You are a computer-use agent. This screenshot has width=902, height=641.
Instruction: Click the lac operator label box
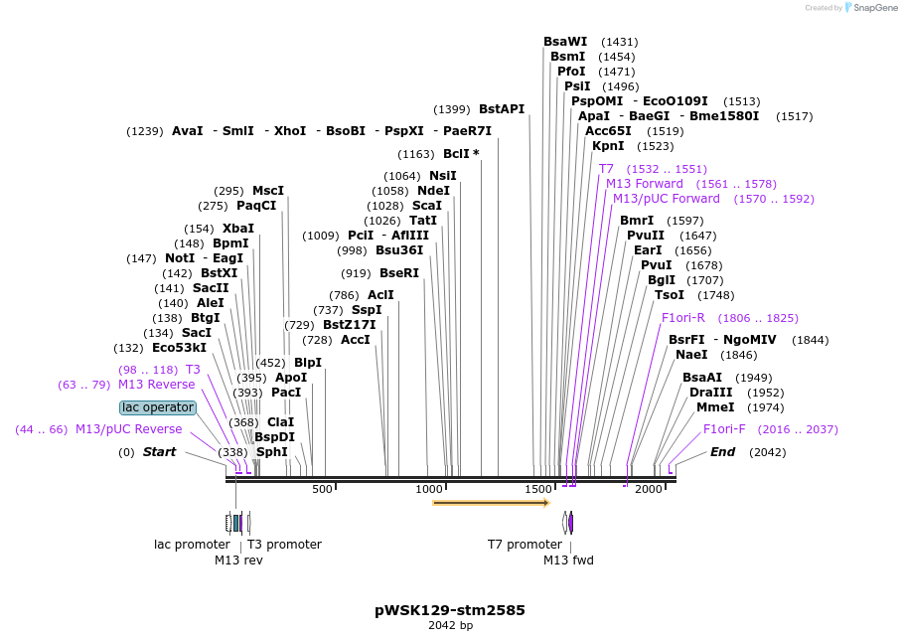[158, 407]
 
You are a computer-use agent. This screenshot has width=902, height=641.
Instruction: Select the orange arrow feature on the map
[491, 503]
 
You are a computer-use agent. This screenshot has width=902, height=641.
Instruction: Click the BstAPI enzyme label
[502, 109]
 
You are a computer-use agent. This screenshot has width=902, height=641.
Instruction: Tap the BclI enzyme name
[457, 154]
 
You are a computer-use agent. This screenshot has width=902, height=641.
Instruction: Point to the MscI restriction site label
[268, 191]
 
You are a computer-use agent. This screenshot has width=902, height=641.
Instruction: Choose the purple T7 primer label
[606, 169]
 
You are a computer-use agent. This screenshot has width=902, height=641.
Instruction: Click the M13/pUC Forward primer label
[666, 199]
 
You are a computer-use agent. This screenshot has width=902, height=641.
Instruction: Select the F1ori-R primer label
[683, 318]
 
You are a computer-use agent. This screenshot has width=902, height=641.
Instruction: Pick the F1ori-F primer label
[724, 429]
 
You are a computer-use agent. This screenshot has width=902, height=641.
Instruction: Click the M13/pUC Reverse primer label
[129, 429]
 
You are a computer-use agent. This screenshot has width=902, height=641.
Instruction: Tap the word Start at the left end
[159, 452]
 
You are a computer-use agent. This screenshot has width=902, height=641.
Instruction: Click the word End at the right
[722, 452]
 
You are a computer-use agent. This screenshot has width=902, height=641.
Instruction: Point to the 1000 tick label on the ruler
[429, 489]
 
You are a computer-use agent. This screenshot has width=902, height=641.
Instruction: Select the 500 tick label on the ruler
[322, 489]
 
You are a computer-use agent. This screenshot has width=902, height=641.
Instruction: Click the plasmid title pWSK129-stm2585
[450, 610]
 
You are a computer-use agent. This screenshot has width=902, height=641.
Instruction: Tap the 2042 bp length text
[450, 626]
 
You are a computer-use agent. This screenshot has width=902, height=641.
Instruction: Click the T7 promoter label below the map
[525, 545]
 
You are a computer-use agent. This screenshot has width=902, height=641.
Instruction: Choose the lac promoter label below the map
[192, 545]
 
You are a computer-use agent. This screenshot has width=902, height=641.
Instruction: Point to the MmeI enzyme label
[715, 407]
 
